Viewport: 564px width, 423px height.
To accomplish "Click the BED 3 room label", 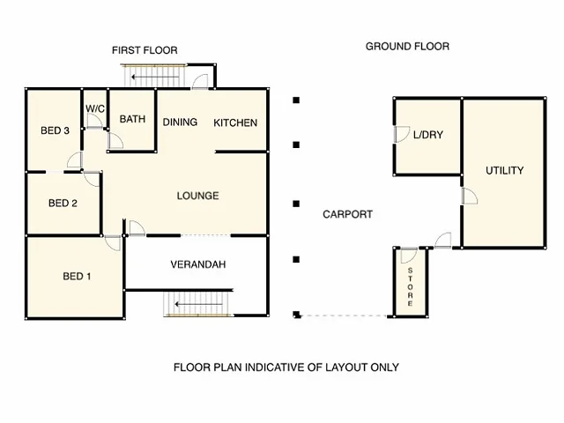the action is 55,130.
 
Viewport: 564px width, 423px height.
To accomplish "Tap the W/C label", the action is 95,108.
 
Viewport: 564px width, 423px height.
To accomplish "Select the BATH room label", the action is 132,119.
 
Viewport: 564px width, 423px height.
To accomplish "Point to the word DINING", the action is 180,122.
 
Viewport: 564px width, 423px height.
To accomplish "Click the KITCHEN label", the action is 235,123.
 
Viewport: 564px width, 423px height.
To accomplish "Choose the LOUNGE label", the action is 197,196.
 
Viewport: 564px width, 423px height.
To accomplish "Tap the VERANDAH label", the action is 198,264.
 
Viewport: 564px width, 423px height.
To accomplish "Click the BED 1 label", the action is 77,276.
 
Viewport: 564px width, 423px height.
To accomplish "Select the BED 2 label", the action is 63,204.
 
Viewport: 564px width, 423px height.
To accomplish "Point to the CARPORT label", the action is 347,214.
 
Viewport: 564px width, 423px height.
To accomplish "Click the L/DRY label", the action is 428,135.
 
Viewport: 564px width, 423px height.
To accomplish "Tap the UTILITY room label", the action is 505,170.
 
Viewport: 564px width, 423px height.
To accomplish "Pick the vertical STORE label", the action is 410,287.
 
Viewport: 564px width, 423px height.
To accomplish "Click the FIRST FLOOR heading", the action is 145,50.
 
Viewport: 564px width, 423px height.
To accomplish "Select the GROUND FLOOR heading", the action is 407,47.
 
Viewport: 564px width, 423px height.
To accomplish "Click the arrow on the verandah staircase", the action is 199,304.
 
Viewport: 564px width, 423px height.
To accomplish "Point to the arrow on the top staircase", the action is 155,77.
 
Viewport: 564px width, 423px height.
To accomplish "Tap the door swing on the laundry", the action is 402,134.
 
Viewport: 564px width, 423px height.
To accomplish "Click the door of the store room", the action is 409,256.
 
